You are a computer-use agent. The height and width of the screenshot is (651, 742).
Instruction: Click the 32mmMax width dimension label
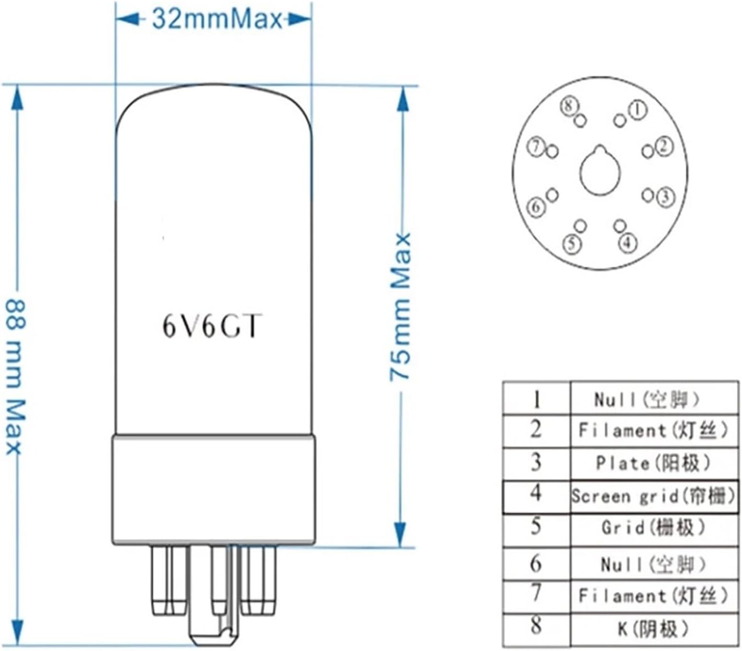point(217,19)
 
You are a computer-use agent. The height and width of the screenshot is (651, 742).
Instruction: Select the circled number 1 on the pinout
point(637,109)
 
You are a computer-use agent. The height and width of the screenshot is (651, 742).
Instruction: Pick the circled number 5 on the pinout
point(572,243)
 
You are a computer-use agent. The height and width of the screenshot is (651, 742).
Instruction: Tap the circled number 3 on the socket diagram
point(665,197)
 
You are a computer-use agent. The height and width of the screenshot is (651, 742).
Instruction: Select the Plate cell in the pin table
point(653,463)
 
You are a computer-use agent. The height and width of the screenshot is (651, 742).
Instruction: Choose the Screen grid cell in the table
point(653,495)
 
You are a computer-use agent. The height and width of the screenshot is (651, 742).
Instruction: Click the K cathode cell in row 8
point(653,628)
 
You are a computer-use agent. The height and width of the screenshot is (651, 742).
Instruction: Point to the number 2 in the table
point(535,430)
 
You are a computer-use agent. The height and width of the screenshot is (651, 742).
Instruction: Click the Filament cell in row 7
point(653,595)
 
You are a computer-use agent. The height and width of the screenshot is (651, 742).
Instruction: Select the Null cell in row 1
point(648,400)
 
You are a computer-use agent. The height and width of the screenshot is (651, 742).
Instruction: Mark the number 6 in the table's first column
point(535,564)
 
